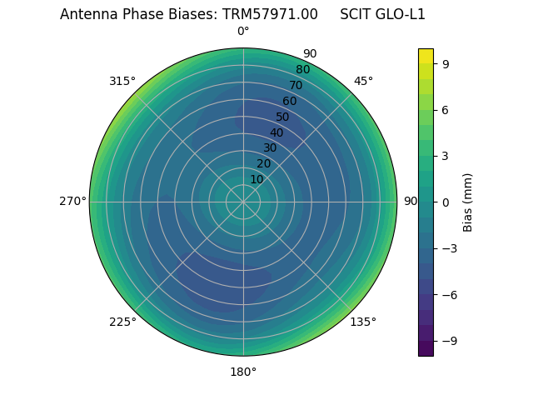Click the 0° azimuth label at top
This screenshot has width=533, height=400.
tap(243, 32)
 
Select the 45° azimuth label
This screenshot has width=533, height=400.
tap(364, 81)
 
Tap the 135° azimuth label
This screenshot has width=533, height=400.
tap(363, 322)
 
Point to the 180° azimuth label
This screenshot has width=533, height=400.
tap(243, 372)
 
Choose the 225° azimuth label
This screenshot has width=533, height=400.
tap(122, 322)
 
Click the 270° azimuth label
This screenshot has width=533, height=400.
tap(72, 201)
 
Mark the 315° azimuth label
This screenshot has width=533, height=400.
tap(122, 81)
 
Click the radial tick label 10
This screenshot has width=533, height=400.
tap(257, 179)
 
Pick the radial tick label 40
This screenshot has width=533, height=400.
tap(276, 132)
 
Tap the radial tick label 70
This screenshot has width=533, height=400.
tap(296, 85)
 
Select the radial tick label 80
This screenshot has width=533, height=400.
tap(302, 69)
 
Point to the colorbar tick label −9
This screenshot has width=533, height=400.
tap(448, 340)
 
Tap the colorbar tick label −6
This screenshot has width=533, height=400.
tap(448, 294)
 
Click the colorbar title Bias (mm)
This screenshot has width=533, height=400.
tap(468, 202)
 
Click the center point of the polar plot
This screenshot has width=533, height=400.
tap(243, 202)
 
